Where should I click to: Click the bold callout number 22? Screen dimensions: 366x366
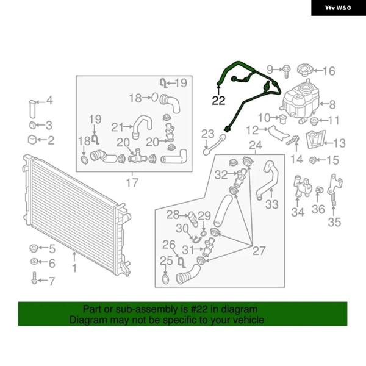pos(218,101)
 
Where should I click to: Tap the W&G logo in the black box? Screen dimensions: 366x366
pos(338,8)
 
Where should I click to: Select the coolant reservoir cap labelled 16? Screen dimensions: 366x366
pos(304,71)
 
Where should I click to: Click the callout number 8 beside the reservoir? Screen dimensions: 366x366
pos(332,104)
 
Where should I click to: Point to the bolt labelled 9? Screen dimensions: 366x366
pos(287,71)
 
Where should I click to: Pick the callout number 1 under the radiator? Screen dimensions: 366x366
pos(74,268)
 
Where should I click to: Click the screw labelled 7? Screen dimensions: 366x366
pos(34,278)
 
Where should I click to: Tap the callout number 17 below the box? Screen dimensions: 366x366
pos(132,183)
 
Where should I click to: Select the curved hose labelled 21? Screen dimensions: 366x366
pos(142,127)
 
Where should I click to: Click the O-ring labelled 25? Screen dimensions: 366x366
pos(165,279)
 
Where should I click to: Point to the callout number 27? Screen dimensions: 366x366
pos(259,251)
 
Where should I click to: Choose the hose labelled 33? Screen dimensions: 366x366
pos(268,180)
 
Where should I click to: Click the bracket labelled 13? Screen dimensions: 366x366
pos(315,139)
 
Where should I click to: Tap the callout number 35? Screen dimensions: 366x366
pos(334,222)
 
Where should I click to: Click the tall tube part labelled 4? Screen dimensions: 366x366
pos(32,109)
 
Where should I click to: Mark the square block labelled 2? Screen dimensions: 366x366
pos(32,140)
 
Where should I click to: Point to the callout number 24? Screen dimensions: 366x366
pos(256,145)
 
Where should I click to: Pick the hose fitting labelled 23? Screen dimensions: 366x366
pos(215,144)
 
